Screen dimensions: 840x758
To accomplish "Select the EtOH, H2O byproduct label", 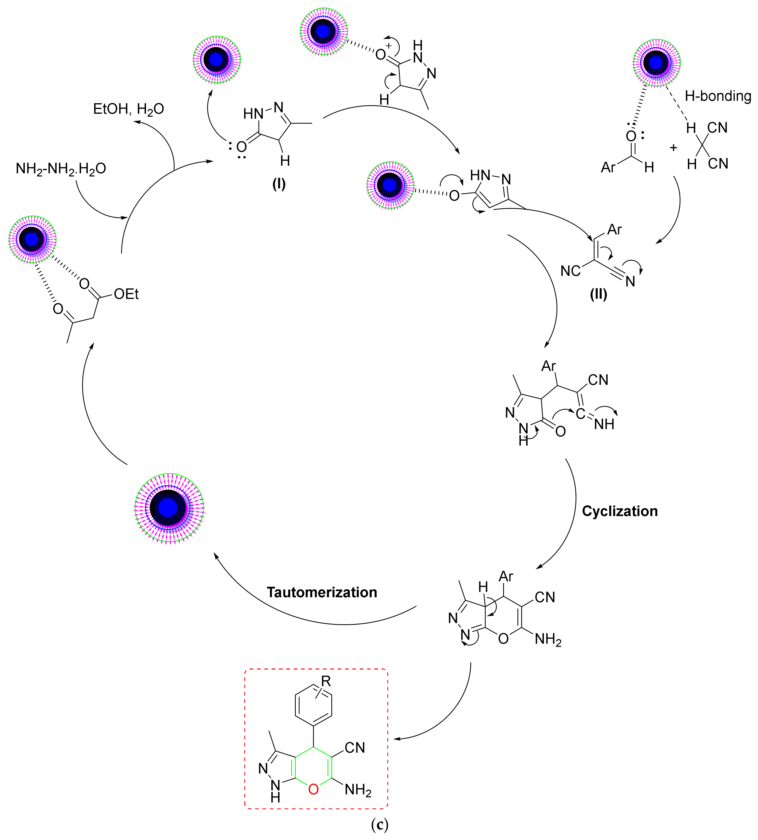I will [x=128, y=109].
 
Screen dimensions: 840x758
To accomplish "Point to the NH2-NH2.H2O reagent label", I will [x=61, y=169].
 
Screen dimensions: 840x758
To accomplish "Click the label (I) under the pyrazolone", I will [x=279, y=184].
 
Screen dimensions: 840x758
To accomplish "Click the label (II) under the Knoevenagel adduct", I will [x=598, y=294].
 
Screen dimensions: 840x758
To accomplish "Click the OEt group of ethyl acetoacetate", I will [x=126, y=294].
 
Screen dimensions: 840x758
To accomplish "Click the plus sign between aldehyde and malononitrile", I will [x=673, y=148].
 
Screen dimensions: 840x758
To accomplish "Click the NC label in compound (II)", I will [x=570, y=271].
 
